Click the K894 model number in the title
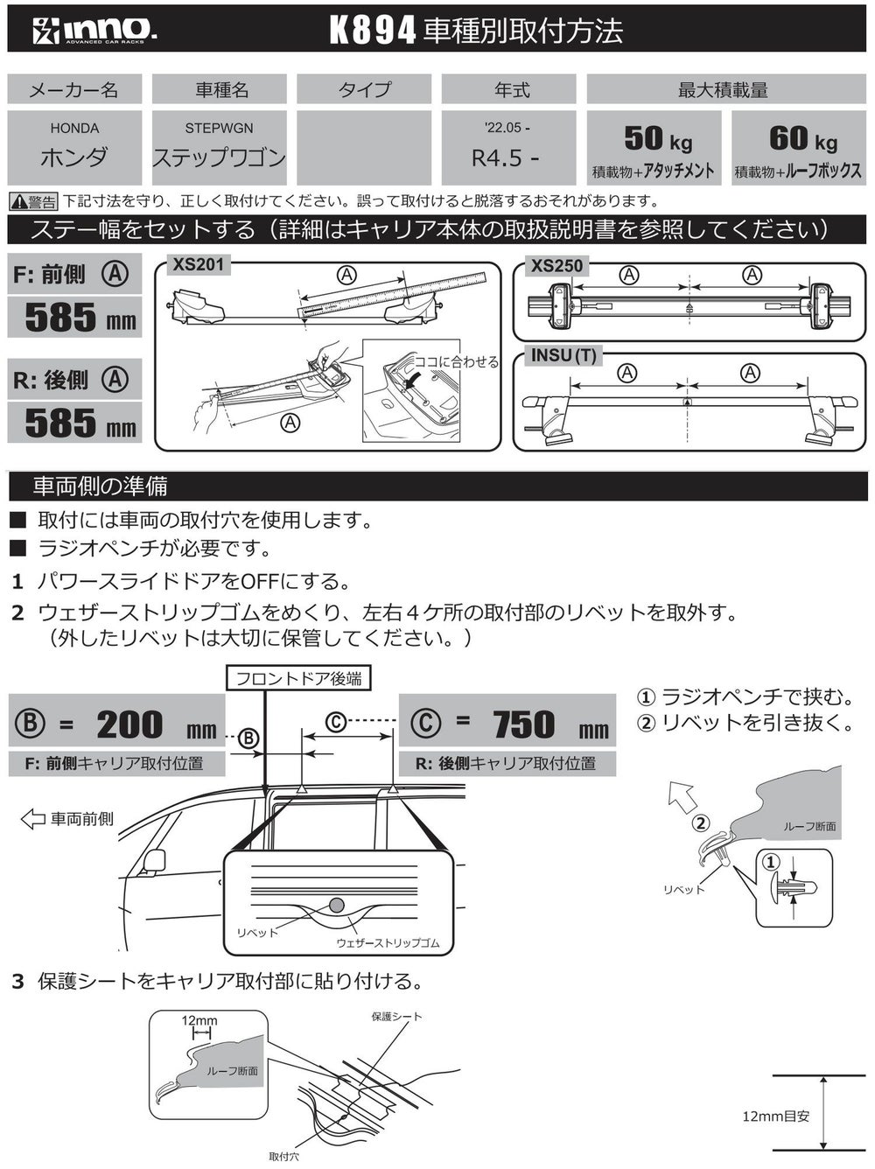pyautogui.click(x=372, y=31)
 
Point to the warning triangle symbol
pyautogui.click(x=17, y=202)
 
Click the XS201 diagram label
pyautogui.click(x=198, y=264)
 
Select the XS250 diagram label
pyautogui.click(x=556, y=265)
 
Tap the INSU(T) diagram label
pyautogui.click(x=563, y=355)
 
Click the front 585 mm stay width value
pyautogui.click(x=79, y=318)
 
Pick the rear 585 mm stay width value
pyautogui.click(x=79, y=423)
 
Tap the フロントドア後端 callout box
pyautogui.click(x=298, y=678)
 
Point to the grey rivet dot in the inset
pyautogui.click(x=337, y=905)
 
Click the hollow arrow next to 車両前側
pyautogui.click(x=32, y=819)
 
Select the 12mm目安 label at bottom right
pyautogui.click(x=775, y=1116)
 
